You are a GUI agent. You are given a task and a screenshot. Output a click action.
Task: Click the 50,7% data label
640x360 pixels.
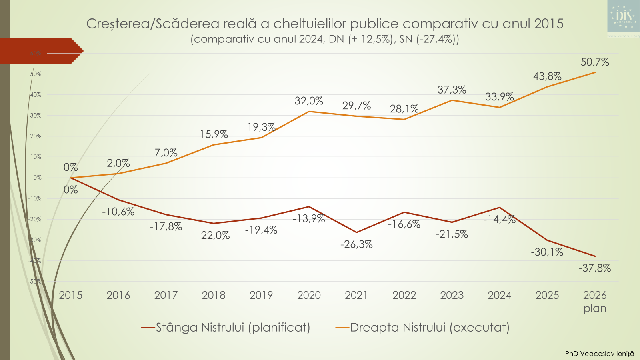tap(594, 62)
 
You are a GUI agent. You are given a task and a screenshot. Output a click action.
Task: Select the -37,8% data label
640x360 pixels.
tap(594, 268)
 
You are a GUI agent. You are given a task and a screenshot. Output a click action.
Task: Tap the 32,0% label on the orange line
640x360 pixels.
tap(309, 101)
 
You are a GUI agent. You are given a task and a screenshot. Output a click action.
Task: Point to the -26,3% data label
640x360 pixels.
tap(356, 244)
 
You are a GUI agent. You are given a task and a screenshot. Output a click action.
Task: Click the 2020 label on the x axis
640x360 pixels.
tap(309, 295)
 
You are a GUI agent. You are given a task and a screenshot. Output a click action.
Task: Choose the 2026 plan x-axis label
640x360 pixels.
tap(595, 302)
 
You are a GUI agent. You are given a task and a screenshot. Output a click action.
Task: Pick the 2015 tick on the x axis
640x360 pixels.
tap(71, 295)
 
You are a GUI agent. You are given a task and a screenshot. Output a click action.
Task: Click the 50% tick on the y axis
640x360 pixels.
tap(36, 74)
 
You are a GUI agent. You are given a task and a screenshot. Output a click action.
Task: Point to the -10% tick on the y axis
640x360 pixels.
tap(35, 198)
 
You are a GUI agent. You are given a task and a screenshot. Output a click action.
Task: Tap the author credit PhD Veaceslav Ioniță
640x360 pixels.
tap(599, 354)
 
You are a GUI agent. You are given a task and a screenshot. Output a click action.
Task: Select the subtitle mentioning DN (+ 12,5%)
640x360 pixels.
tap(325, 39)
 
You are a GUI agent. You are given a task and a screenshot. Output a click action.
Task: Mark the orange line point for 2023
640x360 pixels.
tap(452, 100)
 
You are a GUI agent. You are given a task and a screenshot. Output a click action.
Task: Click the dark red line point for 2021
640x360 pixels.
tap(356, 232)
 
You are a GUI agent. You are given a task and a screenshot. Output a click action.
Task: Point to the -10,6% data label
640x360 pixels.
tap(118, 212)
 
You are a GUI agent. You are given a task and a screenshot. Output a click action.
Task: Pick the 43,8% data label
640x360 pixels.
tap(547, 76)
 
